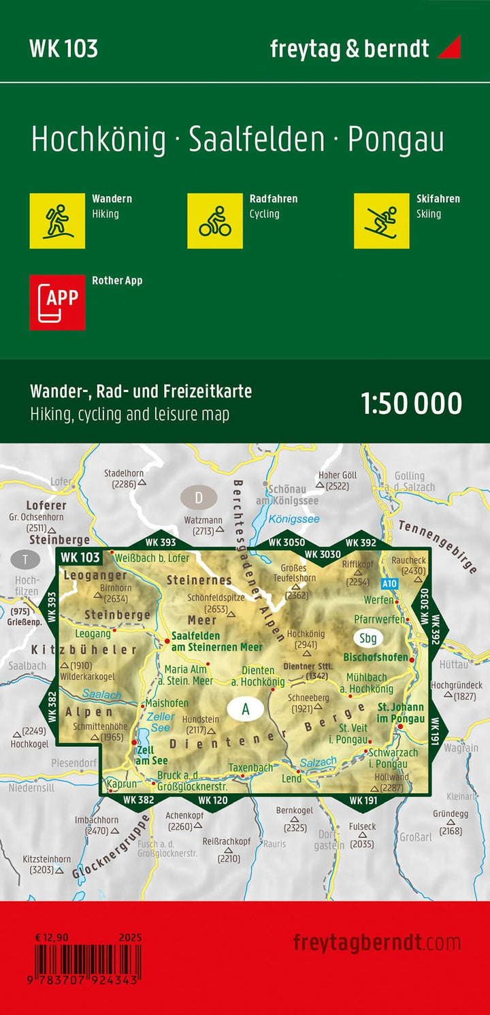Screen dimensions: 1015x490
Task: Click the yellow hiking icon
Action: (x=57, y=221)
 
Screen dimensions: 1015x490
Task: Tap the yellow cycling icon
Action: (x=215, y=221)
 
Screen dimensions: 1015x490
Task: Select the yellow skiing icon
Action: (x=381, y=221)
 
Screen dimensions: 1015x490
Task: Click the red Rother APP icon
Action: (x=57, y=302)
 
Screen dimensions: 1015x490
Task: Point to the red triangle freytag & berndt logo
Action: (x=449, y=47)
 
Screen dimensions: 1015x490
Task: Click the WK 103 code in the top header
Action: (x=63, y=49)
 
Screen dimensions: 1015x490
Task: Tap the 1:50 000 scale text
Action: (x=412, y=404)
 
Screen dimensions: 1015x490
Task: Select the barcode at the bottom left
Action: (x=88, y=960)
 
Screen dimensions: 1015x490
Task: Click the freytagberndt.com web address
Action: (x=376, y=943)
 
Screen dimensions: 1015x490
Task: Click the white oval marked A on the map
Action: (x=246, y=709)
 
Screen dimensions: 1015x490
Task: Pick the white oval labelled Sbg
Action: (x=368, y=638)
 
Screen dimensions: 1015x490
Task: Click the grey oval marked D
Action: (x=199, y=498)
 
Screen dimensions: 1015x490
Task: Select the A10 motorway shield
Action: (x=389, y=583)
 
